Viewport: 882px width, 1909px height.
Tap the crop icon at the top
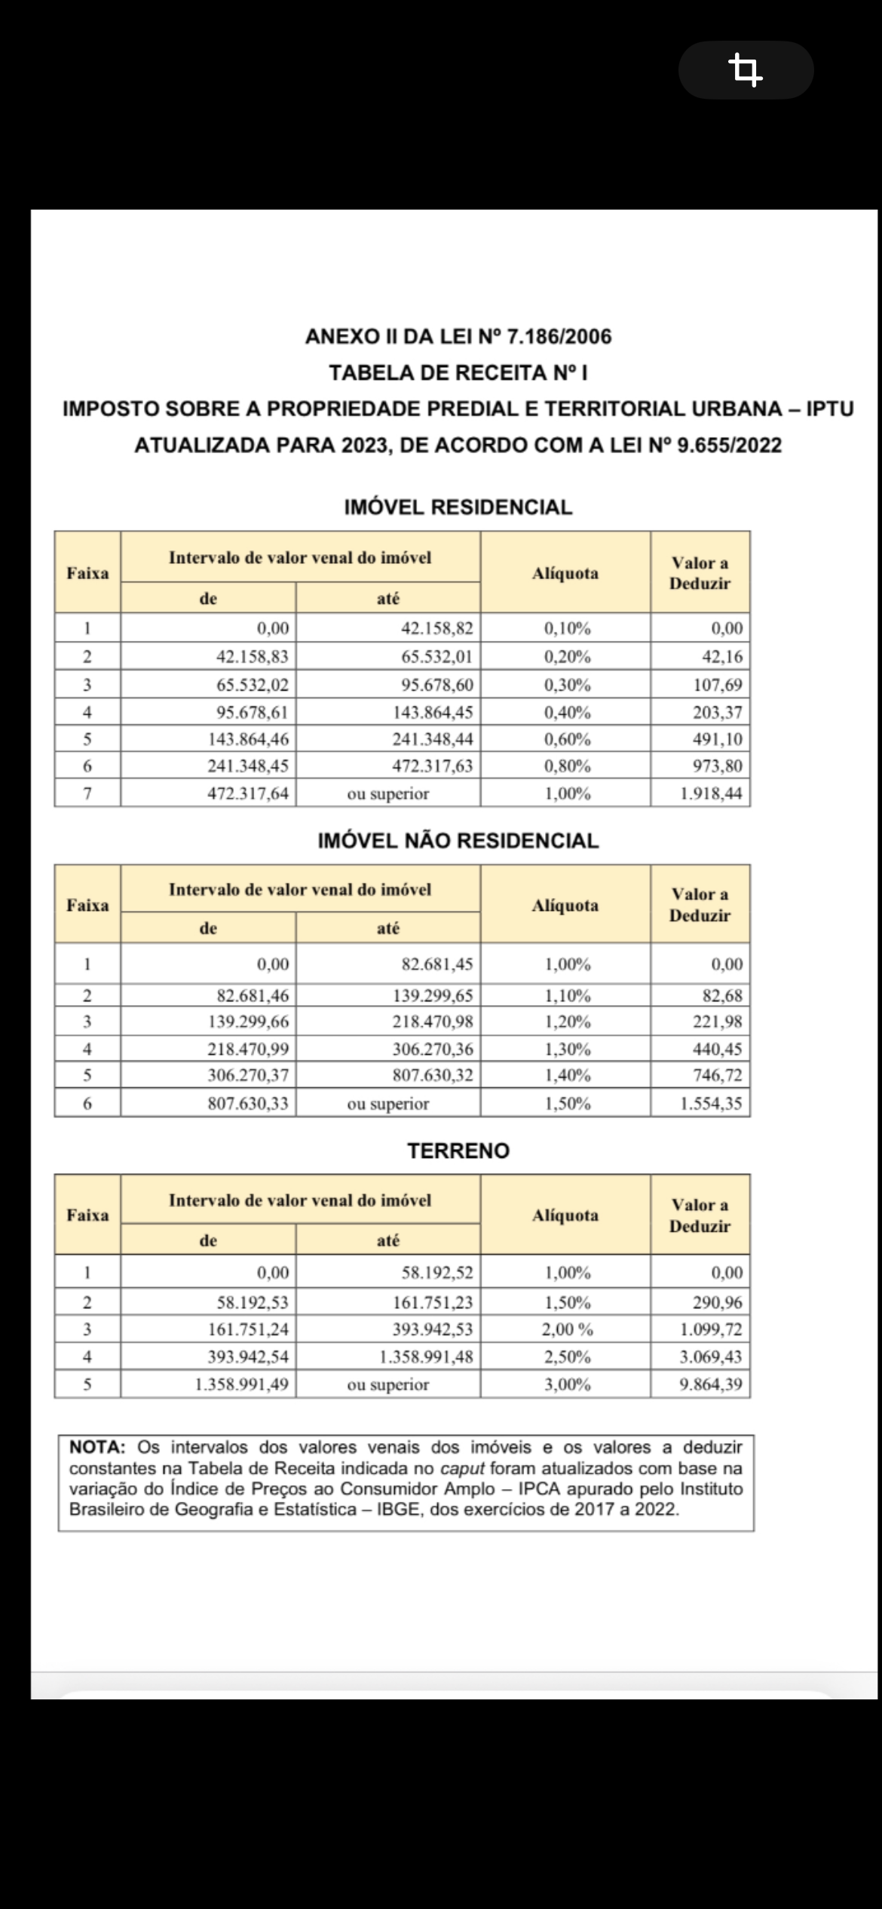746,70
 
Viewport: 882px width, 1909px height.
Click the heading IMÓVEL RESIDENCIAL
458,507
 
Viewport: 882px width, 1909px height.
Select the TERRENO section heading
458,1151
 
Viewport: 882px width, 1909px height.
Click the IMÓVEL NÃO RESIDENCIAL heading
458,841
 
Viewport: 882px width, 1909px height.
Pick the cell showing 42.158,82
436,628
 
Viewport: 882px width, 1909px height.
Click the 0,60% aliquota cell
566,739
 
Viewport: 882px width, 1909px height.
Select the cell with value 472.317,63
432,766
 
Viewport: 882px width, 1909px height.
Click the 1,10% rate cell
566,995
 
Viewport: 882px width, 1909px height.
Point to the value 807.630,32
432,1075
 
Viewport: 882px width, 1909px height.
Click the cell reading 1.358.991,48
426,1357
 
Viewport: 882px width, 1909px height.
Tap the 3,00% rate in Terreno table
566,1384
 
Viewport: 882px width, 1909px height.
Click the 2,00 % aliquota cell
566,1329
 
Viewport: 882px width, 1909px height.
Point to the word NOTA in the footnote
96,1447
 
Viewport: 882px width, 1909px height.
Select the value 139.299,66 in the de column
248,1022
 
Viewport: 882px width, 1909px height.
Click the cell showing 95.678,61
252,712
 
